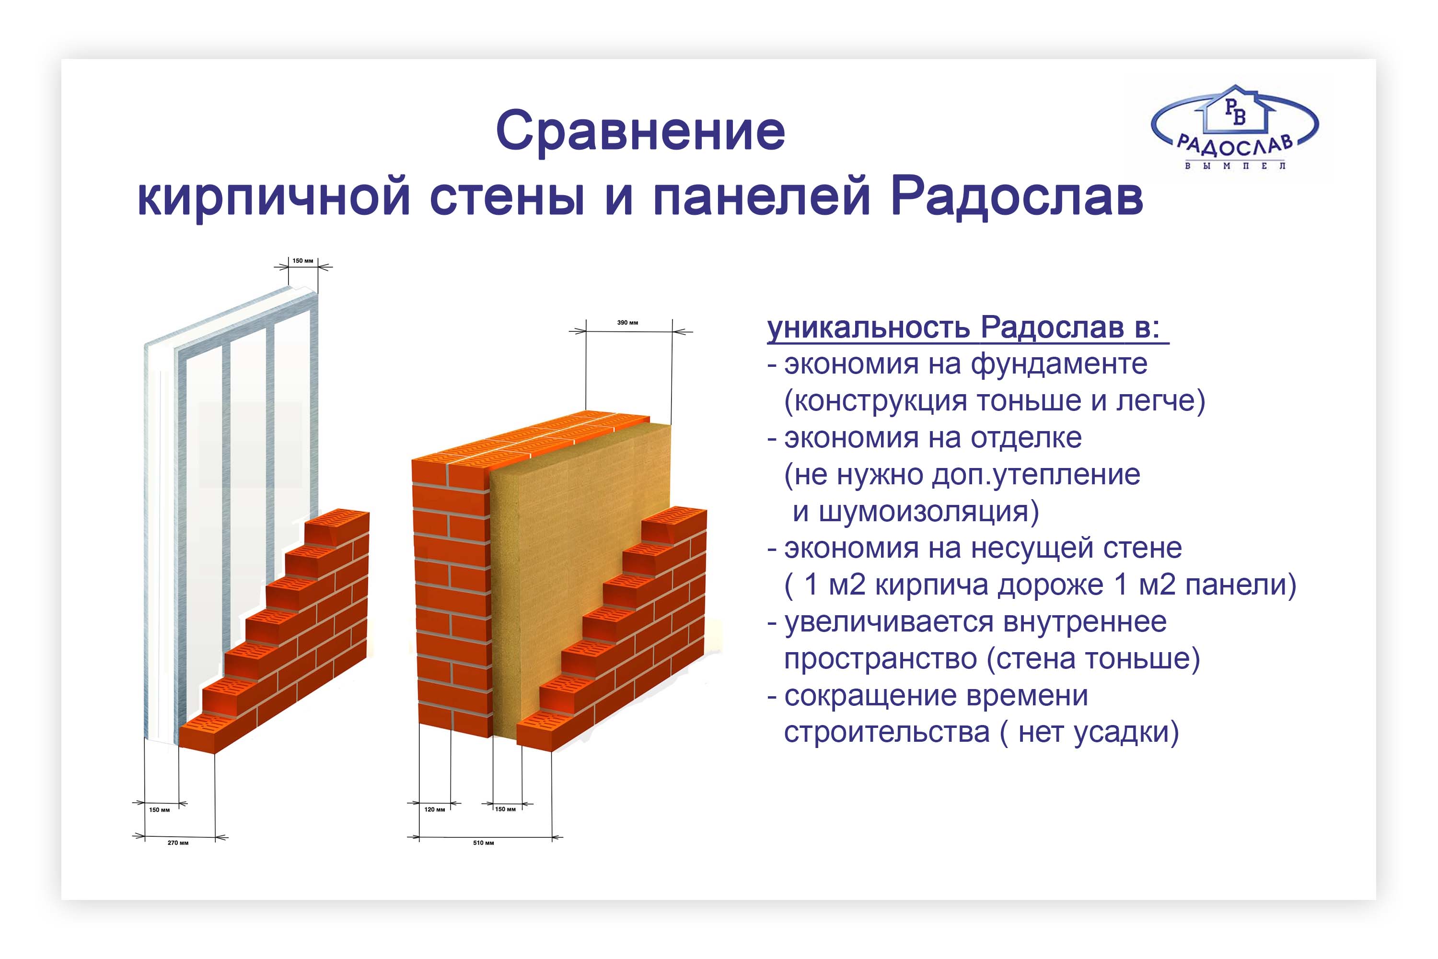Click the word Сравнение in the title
640,132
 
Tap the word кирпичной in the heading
273,198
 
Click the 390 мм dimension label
627,322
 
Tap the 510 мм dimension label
484,843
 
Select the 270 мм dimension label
178,843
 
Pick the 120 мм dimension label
435,809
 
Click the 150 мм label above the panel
302,260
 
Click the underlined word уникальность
868,328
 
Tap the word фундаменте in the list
1059,364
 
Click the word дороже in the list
1050,585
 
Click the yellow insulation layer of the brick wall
562,550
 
